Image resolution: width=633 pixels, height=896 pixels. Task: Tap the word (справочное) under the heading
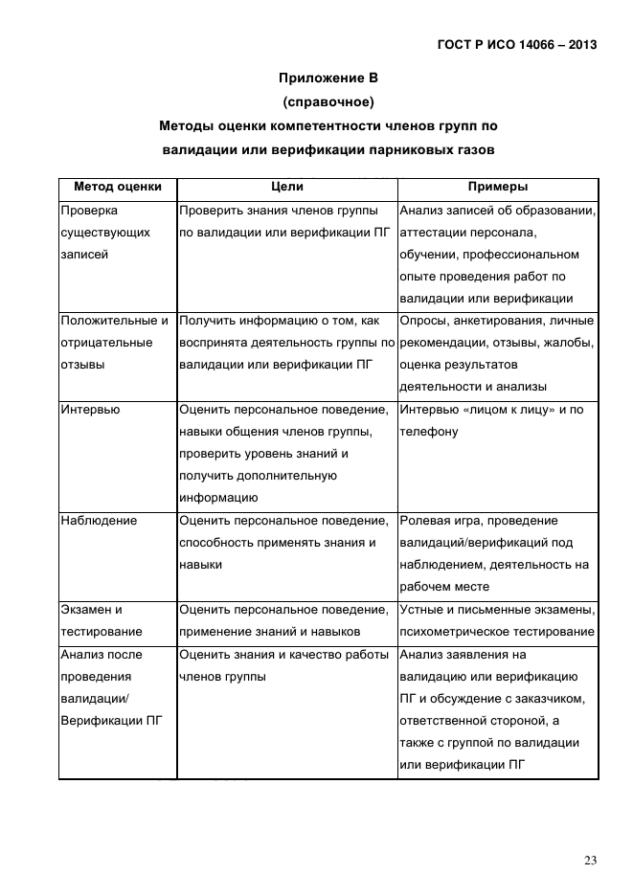click(x=328, y=101)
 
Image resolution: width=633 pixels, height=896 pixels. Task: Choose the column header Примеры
click(x=497, y=188)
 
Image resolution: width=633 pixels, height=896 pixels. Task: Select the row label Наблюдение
click(x=99, y=521)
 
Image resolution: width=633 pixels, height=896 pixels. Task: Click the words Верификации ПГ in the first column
click(x=109, y=721)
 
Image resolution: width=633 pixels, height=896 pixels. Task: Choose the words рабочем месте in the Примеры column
click(x=444, y=587)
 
